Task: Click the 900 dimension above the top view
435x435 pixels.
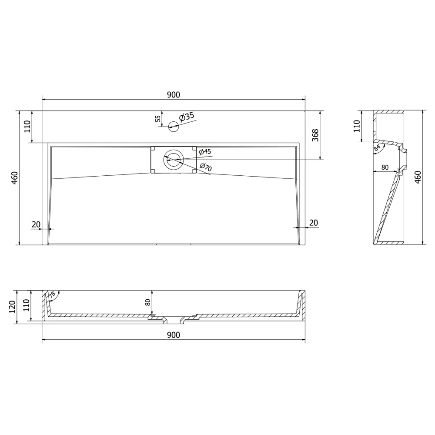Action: [174, 94]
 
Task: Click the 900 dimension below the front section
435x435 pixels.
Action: [174, 335]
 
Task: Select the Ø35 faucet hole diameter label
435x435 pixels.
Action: [187, 117]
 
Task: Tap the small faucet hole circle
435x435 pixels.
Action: [174, 127]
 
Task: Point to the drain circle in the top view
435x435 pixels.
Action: [174, 160]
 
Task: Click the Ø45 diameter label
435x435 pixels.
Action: [205, 151]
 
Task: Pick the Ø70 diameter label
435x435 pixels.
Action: [206, 167]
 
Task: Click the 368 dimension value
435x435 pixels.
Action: [315, 135]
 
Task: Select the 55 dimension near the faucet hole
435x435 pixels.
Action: [157, 118]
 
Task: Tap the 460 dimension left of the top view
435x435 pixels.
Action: [14, 177]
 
